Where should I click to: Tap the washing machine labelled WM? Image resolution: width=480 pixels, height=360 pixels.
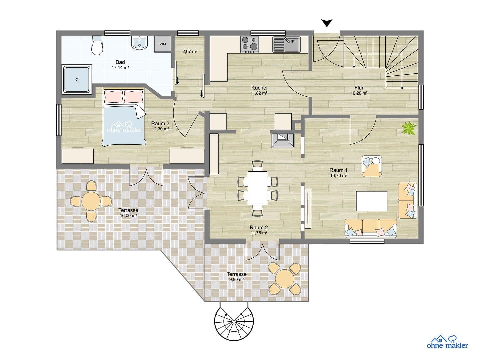pyautogui.click(x=163, y=44)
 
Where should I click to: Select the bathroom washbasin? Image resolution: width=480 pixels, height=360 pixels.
pyautogui.click(x=139, y=43)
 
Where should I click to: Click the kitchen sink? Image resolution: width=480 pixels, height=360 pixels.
pyautogui.click(x=286, y=44)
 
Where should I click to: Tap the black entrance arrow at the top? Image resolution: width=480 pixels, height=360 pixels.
pyautogui.click(x=327, y=23)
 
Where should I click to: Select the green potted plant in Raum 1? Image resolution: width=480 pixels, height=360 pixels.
pyautogui.click(x=409, y=128)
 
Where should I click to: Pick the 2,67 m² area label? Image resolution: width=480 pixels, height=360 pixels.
pyautogui.click(x=190, y=52)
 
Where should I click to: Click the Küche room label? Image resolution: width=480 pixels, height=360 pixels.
pyautogui.click(x=259, y=88)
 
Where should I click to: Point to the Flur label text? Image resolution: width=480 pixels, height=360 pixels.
pyautogui.click(x=359, y=88)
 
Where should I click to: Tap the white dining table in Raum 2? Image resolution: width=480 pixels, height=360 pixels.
pyautogui.click(x=257, y=188)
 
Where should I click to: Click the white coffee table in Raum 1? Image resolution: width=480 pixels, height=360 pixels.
pyautogui.click(x=372, y=201)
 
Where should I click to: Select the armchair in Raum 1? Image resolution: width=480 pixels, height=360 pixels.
pyautogui.click(x=372, y=166)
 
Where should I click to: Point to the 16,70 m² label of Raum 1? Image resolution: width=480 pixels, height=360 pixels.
pyautogui.click(x=339, y=175)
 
